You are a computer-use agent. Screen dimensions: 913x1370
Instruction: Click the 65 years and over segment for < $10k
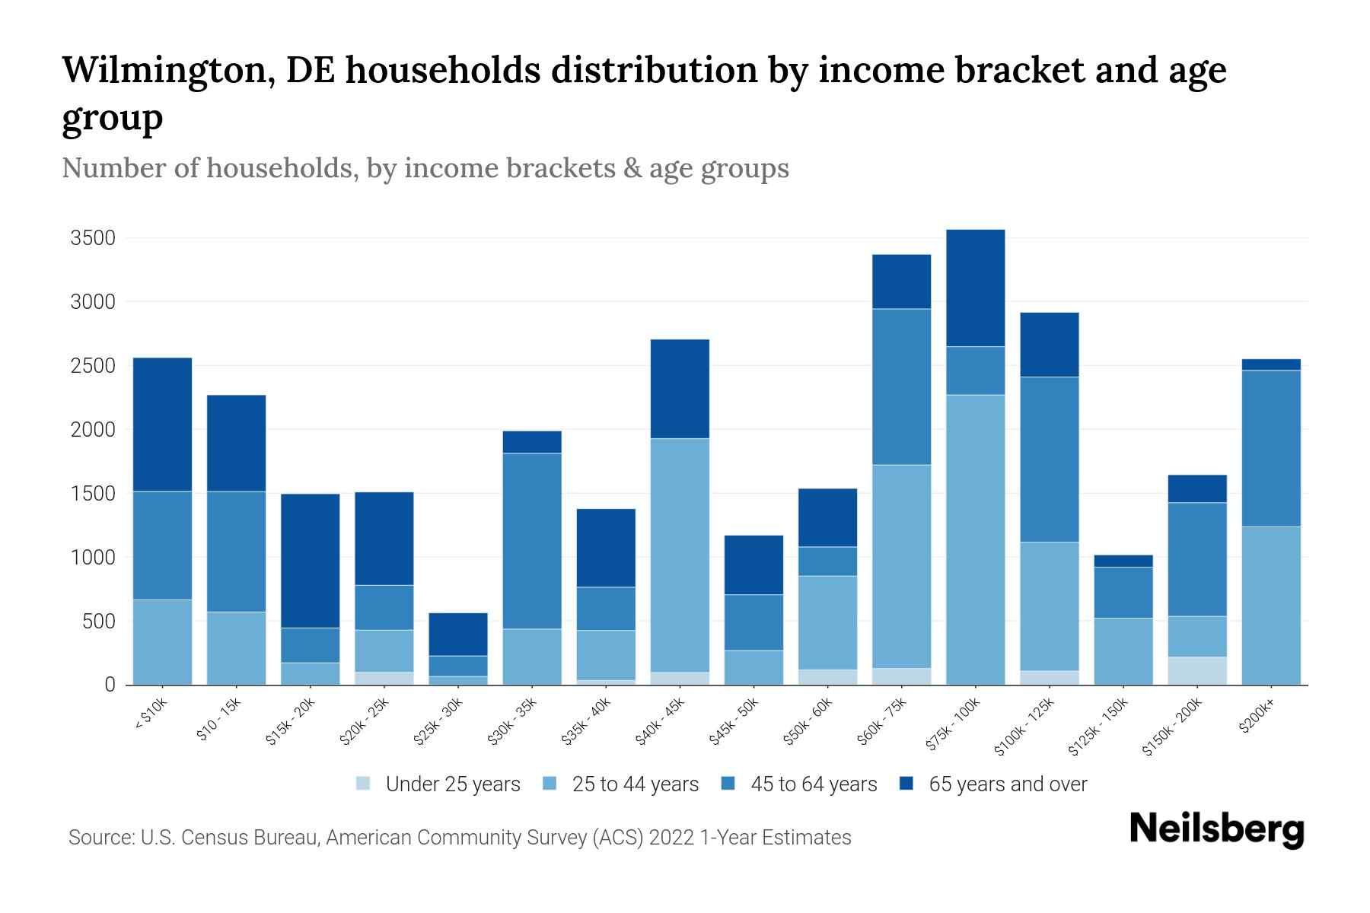162,425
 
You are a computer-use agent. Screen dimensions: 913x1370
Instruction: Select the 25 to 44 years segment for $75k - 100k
975,539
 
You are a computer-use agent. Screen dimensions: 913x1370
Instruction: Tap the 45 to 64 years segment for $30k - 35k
532,541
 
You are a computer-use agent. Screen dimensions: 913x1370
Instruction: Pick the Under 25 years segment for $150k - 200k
1197,670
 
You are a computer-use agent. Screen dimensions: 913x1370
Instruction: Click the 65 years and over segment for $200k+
1271,364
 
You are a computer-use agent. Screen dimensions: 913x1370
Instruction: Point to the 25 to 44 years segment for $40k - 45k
680,555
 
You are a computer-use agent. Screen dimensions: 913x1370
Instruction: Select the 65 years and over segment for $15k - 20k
310,561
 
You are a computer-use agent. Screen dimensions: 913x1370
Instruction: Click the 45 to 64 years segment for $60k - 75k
901,387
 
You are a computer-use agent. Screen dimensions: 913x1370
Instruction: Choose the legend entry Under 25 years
452,784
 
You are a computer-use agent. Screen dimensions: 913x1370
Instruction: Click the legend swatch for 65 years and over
906,784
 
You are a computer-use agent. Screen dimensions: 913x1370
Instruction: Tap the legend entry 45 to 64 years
813,784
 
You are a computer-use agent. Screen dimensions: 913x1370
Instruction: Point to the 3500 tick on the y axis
93,238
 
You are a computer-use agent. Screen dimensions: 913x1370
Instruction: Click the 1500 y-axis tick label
93,494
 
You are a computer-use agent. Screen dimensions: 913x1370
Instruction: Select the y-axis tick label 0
110,685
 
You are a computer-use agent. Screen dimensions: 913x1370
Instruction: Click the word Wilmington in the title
167,70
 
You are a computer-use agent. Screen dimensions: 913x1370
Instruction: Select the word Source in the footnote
99,838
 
